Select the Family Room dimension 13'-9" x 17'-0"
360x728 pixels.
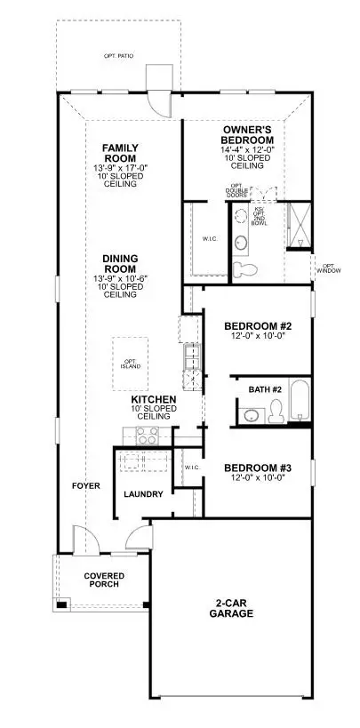(118, 169)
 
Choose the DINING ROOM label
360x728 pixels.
(118, 263)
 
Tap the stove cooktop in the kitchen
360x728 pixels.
(145, 436)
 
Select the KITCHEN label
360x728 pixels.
(154, 401)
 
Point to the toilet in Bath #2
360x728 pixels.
(277, 409)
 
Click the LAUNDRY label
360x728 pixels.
(141, 493)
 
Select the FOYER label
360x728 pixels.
(86, 486)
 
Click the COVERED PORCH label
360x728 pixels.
(104, 580)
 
